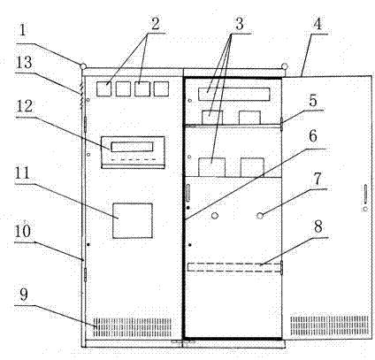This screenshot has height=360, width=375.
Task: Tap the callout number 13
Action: pyautogui.click(x=24, y=62)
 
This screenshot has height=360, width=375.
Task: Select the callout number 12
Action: pyautogui.click(x=24, y=106)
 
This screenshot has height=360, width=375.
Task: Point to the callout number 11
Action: pyautogui.click(x=22, y=173)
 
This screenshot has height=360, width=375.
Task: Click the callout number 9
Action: pyautogui.click(x=24, y=295)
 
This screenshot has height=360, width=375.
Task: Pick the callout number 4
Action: pyautogui.click(x=318, y=24)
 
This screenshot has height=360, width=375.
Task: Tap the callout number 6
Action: pyautogui.click(x=313, y=136)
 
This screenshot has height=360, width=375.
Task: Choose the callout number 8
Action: pyautogui.click(x=318, y=227)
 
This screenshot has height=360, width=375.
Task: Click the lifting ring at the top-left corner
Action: pyautogui.click(x=83, y=66)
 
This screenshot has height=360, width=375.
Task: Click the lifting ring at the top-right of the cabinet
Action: pyautogui.click(x=285, y=66)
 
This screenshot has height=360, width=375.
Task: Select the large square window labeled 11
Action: pyautogui.click(x=133, y=220)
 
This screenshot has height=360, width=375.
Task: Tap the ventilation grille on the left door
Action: pyautogui.click(x=133, y=327)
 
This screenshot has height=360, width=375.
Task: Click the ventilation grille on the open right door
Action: pyautogui.click(x=329, y=326)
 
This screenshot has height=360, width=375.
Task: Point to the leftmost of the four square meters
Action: pyautogui.click(x=104, y=88)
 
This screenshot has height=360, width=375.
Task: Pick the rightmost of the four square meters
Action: pyautogui.click(x=161, y=88)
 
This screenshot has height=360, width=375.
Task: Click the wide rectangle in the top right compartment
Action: pyautogui.click(x=234, y=94)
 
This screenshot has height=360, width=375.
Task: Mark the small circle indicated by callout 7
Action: pyautogui.click(x=260, y=216)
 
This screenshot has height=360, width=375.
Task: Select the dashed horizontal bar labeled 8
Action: pyautogui.click(x=234, y=267)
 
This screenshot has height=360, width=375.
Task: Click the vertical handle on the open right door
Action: pyautogui.click(x=365, y=195)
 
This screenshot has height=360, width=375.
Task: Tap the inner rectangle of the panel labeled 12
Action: pyautogui.click(x=133, y=147)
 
